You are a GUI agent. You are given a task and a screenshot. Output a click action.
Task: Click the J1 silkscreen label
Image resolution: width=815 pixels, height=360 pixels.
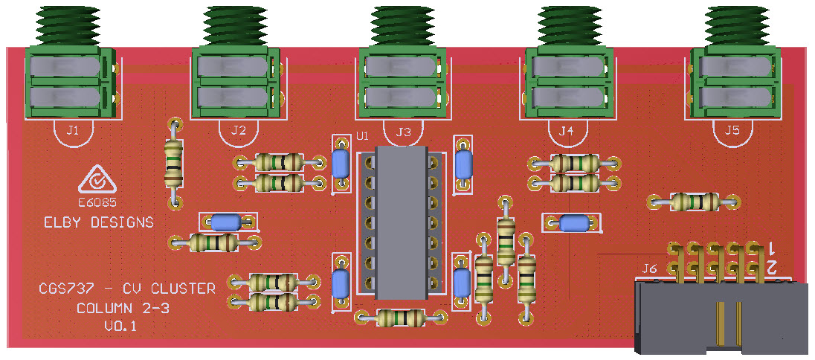(x=73, y=131)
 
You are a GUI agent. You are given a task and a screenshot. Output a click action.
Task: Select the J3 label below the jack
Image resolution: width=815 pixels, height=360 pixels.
(x=403, y=132)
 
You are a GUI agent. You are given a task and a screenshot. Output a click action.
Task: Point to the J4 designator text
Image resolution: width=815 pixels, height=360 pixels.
(x=566, y=132)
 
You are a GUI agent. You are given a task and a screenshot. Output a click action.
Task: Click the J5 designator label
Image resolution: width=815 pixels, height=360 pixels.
(x=732, y=131)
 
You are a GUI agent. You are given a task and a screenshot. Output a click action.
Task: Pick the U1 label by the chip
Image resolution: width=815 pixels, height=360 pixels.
(x=362, y=136)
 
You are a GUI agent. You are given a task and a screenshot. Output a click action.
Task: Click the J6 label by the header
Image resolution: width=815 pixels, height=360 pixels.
(x=649, y=269)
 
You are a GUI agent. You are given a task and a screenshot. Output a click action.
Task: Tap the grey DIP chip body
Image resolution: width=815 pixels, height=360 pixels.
(x=402, y=222)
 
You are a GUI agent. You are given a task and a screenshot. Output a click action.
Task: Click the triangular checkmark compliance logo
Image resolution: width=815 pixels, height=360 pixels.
(x=97, y=179)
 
